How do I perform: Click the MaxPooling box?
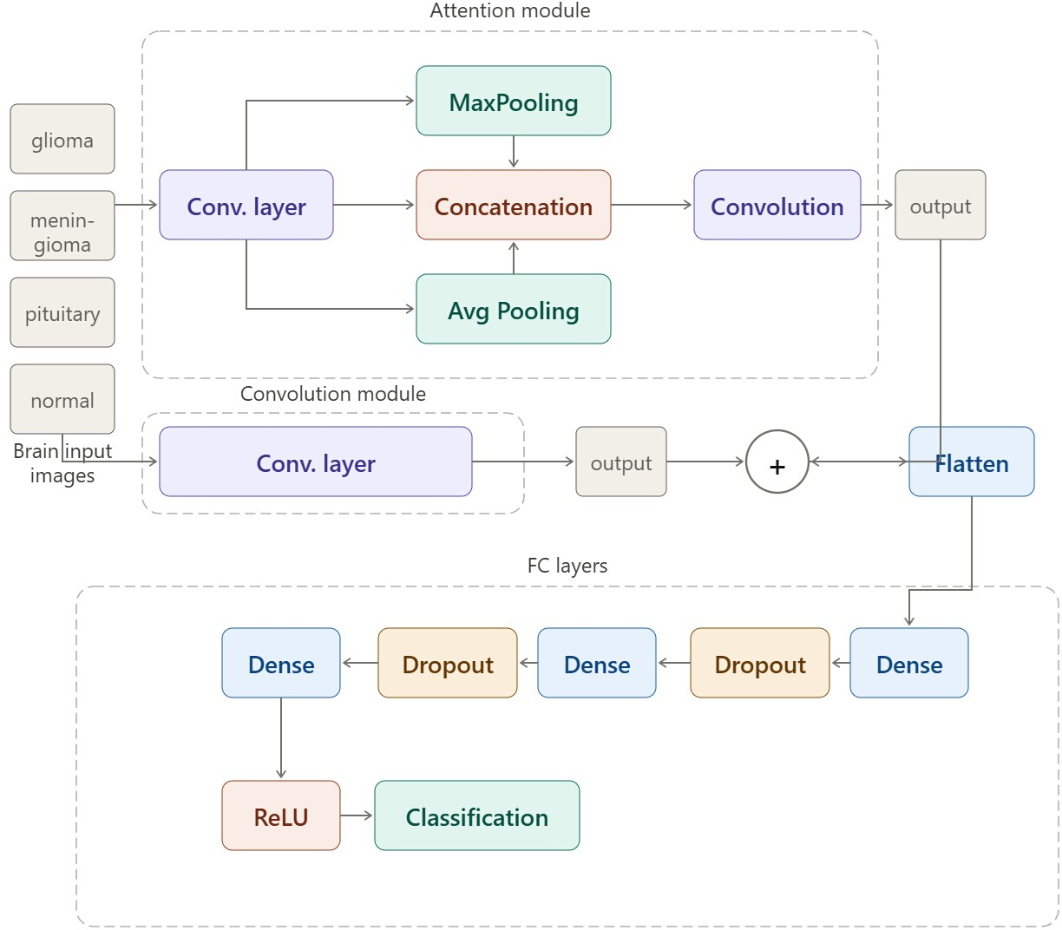(x=513, y=101)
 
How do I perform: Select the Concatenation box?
(x=513, y=205)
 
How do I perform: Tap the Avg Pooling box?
(x=513, y=309)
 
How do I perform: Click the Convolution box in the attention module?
(x=777, y=205)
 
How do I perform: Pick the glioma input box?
(x=62, y=139)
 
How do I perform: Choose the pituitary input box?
(x=62, y=312)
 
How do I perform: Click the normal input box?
(x=62, y=398)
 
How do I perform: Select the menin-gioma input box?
(x=62, y=226)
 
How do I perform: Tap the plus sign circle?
(x=777, y=462)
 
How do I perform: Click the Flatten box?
(x=971, y=462)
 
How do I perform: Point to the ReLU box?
(x=281, y=815)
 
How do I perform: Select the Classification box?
(x=476, y=815)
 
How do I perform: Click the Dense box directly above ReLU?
(x=281, y=663)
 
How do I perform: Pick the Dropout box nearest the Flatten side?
(x=759, y=663)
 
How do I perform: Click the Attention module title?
(x=509, y=10)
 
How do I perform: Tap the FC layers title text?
(x=567, y=565)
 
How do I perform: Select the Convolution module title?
(x=332, y=394)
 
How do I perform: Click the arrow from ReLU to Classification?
(x=357, y=815)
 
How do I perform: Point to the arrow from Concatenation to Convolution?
(x=652, y=205)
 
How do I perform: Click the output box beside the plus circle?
(x=620, y=462)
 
